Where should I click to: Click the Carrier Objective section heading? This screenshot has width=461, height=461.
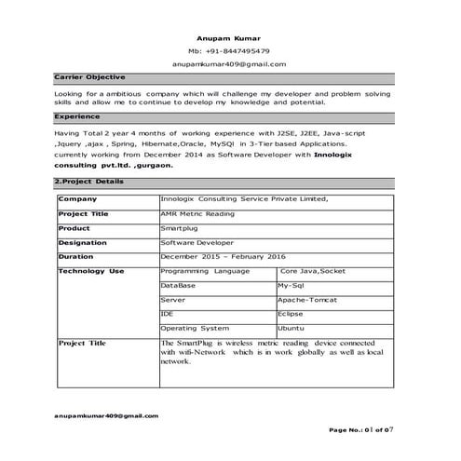pyautogui.click(x=89, y=77)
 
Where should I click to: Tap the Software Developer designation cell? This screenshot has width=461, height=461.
pyautogui.click(x=197, y=242)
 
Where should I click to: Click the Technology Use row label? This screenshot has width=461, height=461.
pyautogui.click(x=91, y=271)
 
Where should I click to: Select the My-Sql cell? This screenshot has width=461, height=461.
pyautogui.click(x=294, y=286)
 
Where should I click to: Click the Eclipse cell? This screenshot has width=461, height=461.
pyautogui.click(x=291, y=315)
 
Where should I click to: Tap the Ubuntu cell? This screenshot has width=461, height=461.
pyautogui.click(x=291, y=329)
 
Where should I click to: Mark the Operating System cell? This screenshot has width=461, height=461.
pyautogui.click(x=195, y=329)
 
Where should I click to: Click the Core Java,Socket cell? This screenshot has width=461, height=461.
pyautogui.click(x=313, y=271)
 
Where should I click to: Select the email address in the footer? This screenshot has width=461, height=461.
pyautogui.click(x=106, y=415)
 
